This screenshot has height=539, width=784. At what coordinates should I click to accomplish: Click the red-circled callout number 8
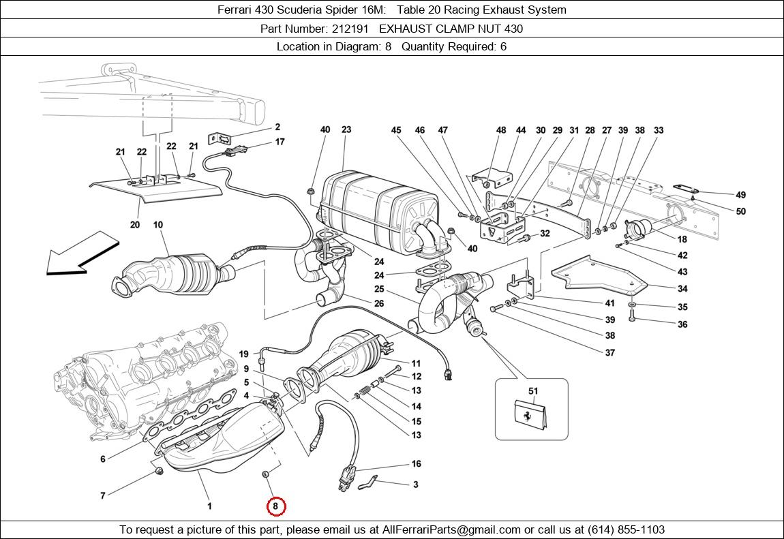tap(275, 506)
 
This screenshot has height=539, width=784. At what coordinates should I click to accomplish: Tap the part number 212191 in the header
tap(352, 29)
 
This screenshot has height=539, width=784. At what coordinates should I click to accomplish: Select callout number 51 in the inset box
tap(533, 391)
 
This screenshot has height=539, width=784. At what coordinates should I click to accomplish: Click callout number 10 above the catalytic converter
tap(157, 225)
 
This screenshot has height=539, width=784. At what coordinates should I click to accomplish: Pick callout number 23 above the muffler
tap(346, 129)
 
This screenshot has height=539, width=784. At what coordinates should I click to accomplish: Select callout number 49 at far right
tap(741, 196)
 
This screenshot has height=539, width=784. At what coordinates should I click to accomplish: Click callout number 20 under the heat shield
tap(134, 225)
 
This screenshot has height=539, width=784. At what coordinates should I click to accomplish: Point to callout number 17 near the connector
tap(280, 142)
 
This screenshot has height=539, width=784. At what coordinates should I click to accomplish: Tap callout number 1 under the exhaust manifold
tap(209, 506)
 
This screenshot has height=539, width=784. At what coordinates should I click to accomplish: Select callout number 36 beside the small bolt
tap(682, 324)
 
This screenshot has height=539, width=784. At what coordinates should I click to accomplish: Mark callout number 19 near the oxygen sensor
tap(243, 354)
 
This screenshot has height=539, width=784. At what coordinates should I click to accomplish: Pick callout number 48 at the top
tap(501, 130)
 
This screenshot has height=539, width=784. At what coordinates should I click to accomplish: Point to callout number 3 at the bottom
tap(415, 485)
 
